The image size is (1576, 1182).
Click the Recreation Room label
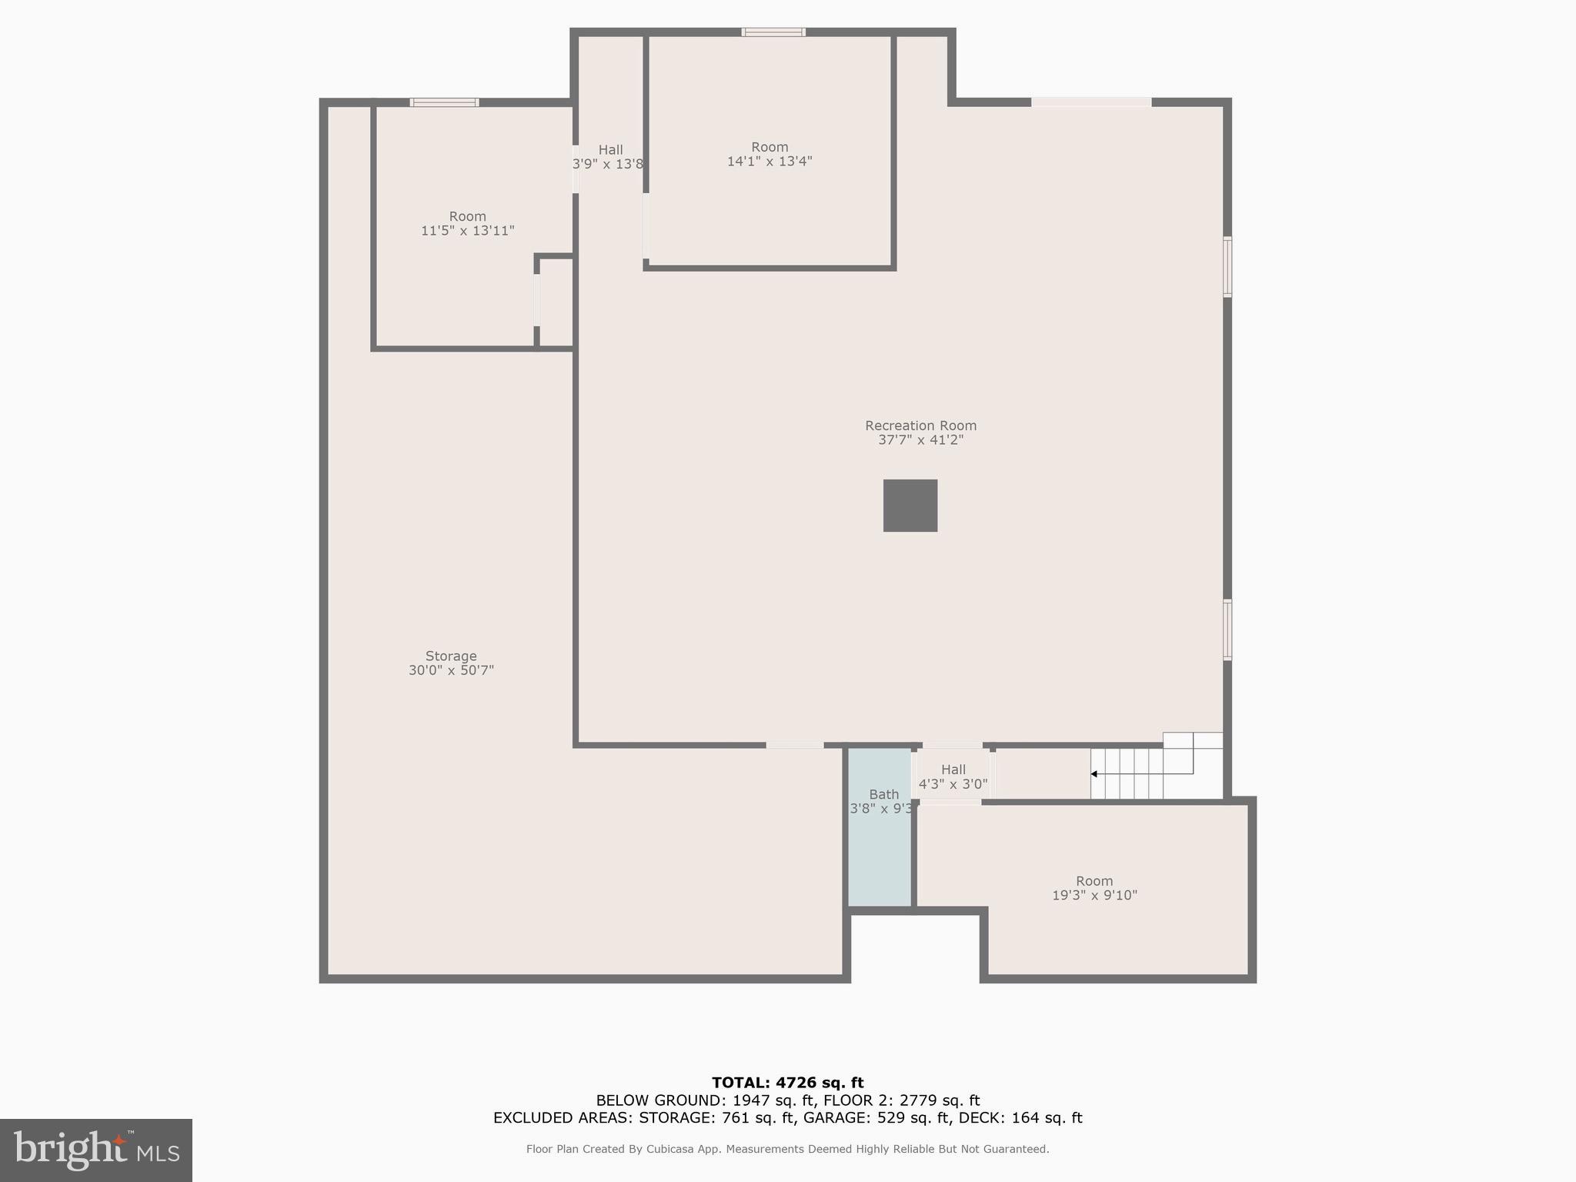(x=920, y=426)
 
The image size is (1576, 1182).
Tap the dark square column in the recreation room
(x=910, y=506)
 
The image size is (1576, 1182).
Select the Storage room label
(x=451, y=656)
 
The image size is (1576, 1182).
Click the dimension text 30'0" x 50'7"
(x=451, y=670)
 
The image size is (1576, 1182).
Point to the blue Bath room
(x=880, y=846)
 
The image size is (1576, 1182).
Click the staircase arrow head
(x=1094, y=773)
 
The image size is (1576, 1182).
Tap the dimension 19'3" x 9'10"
(x=1094, y=895)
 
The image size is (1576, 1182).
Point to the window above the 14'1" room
(x=773, y=32)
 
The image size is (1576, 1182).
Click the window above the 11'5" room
(x=444, y=102)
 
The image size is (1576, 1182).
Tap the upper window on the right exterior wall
(x=1227, y=267)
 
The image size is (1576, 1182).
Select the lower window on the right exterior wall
(x=1227, y=629)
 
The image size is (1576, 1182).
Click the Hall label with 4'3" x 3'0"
(x=953, y=776)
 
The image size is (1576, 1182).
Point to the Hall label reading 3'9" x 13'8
(x=609, y=156)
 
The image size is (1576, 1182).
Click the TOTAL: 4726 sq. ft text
(x=787, y=1083)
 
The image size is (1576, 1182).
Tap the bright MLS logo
(x=96, y=1150)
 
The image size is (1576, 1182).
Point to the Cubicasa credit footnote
(x=787, y=1149)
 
